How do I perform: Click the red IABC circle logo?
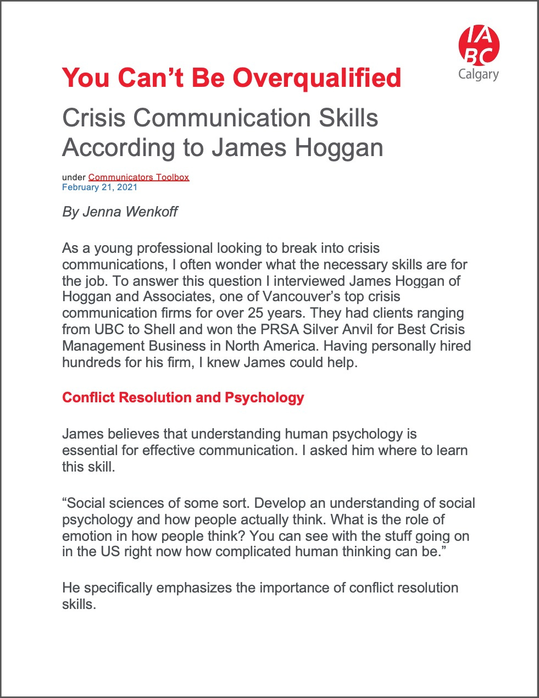pyautogui.click(x=479, y=45)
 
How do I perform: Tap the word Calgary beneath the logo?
pyautogui.click(x=479, y=74)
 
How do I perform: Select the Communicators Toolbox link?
pyautogui.click(x=138, y=177)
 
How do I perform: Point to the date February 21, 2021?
pyautogui.click(x=99, y=187)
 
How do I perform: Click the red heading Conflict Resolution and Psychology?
pyautogui.click(x=183, y=397)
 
